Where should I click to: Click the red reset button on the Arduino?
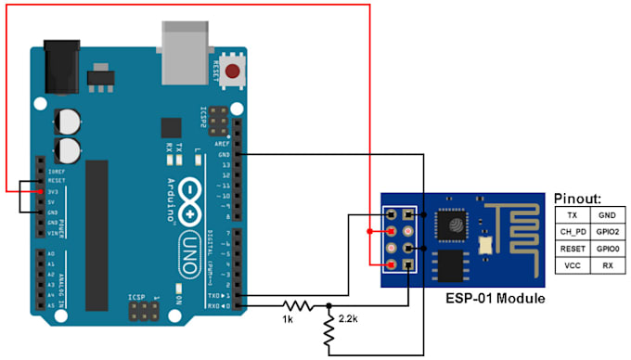coord(231,71)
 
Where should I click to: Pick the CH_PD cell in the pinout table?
coord(572,231)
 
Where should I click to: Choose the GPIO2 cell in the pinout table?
coord(607,231)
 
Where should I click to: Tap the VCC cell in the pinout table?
coord(572,265)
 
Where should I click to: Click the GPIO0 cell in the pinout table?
coord(607,249)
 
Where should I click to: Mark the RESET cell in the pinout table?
coord(572,249)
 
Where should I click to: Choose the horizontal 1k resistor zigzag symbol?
coord(296,304)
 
